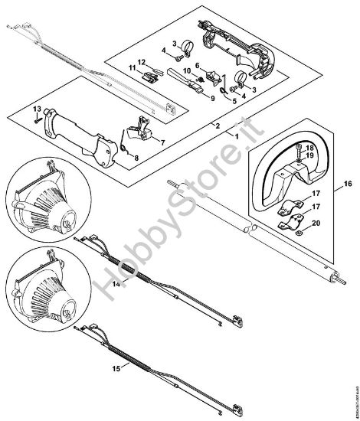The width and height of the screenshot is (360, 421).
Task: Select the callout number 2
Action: (218, 125)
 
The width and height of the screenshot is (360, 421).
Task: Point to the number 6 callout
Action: (197, 67)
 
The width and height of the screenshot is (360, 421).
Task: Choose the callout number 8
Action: (137, 157)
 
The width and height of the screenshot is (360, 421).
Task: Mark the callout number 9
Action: (212, 99)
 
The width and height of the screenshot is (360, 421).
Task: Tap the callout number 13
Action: (35, 109)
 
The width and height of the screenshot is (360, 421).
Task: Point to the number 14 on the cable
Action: (116, 282)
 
